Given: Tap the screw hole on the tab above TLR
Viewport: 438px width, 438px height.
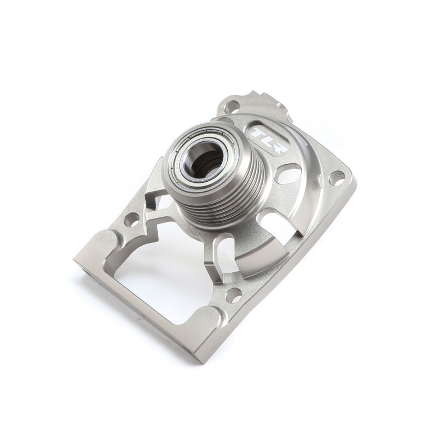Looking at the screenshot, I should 232,106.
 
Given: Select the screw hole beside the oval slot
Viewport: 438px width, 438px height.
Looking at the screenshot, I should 338,176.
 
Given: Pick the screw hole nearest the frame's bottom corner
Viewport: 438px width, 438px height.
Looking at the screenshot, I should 234,295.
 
